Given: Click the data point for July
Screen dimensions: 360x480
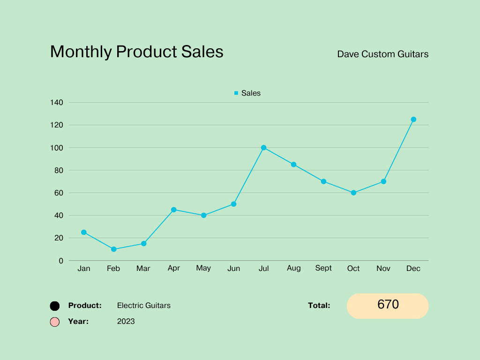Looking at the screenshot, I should (263, 148).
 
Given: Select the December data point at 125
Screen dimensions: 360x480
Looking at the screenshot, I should (413, 120).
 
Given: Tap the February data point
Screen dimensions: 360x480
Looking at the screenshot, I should (113, 249).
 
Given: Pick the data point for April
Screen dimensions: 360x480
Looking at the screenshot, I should (173, 210).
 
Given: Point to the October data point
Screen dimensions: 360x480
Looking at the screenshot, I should (353, 193).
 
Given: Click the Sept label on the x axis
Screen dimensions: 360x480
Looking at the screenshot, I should (323, 268).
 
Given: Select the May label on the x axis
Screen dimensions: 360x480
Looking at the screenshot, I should (203, 268).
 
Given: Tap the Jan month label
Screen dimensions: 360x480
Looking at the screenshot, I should (84, 269).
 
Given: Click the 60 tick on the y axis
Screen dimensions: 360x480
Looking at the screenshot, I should (59, 193).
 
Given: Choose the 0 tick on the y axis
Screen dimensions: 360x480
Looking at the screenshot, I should (61, 261).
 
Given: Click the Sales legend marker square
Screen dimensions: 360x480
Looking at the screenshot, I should (236, 93).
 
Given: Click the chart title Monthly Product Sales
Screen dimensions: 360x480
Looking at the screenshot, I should (136, 52).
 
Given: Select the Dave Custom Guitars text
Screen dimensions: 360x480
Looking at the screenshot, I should (382, 54).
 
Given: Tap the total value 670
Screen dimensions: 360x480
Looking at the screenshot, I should (388, 305).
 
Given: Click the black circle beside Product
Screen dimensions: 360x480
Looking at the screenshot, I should (55, 306).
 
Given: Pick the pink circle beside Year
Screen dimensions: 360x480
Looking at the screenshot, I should (55, 322).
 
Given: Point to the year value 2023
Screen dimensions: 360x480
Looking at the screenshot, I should (126, 322).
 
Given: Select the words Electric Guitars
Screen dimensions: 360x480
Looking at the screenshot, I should (144, 306).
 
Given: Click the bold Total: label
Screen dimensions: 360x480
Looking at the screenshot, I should (319, 306).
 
